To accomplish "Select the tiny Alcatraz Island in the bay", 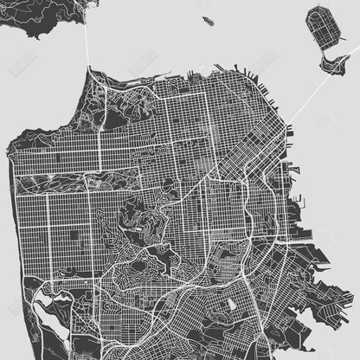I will pyautogui.click(x=208, y=19).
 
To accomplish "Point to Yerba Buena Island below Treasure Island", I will pyautogui.click(x=331, y=62).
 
